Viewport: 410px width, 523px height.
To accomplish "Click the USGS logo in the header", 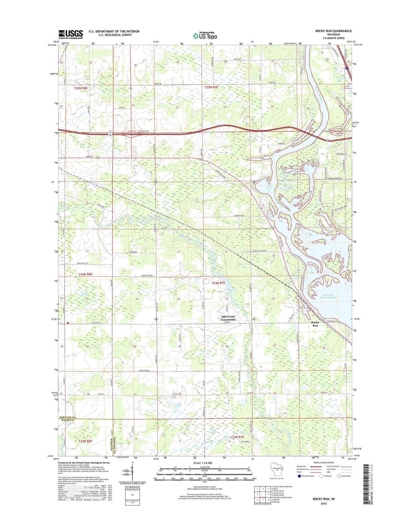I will [x=71, y=34].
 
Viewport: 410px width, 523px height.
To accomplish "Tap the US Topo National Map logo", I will [x=205, y=36].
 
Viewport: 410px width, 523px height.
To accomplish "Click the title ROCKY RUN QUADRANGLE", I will [x=333, y=31].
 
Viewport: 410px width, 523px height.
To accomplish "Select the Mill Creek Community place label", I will [x=228, y=318].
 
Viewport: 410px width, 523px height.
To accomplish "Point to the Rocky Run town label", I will [x=315, y=324].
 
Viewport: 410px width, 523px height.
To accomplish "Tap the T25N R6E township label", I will [x=81, y=88].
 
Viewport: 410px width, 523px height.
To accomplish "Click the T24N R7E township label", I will [x=218, y=283].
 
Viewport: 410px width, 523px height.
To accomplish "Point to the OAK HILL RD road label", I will [x=143, y=131].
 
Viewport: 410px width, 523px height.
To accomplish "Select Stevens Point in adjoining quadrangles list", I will [x=278, y=495].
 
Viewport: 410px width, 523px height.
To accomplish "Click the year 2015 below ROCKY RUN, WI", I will [x=324, y=504].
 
